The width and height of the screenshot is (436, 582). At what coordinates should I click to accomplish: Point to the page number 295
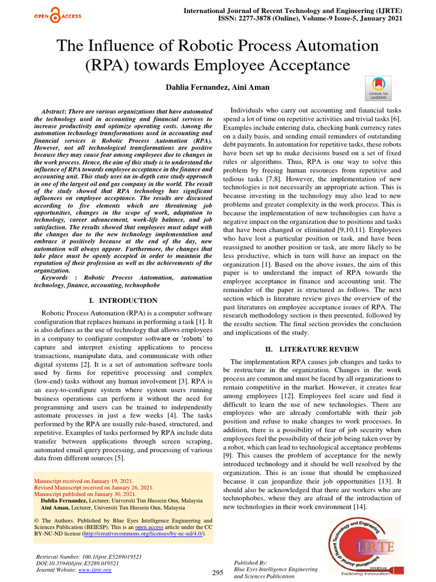coord(217,572)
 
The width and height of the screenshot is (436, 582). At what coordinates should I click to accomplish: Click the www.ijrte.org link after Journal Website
coord(95,569)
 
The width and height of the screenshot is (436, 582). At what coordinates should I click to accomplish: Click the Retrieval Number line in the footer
coord(89,556)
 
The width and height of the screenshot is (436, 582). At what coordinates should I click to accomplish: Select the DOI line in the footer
coord(77,563)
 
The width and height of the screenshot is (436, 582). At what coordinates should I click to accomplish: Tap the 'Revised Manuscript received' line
coord(94,487)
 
